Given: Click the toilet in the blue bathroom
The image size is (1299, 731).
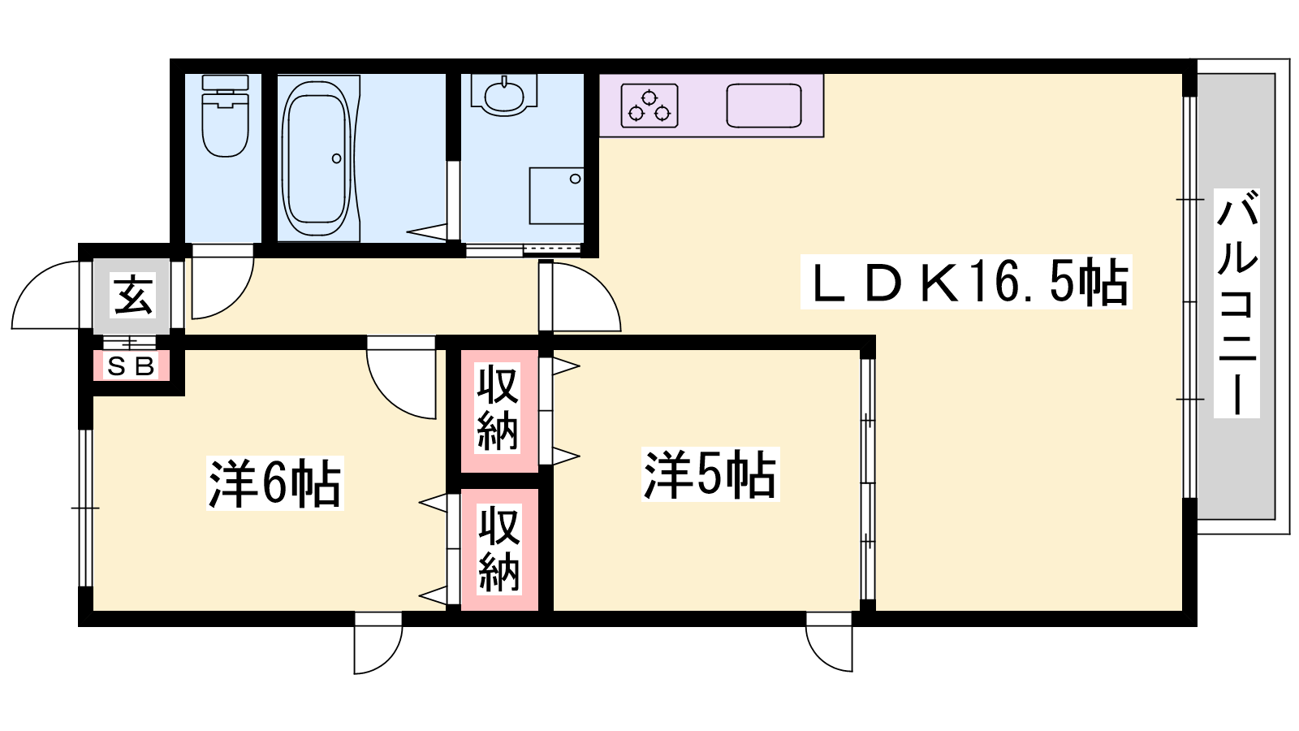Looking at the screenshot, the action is coord(225,116).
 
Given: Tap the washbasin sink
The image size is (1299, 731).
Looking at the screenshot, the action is coord(503,96).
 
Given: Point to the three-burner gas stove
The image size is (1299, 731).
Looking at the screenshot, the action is coord(649,106).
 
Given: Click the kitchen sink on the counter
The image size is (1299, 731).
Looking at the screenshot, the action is coord(764,106).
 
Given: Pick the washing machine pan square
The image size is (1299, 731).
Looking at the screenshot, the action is coord(556,196).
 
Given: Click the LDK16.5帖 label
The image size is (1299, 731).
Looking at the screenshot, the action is coord(967,282).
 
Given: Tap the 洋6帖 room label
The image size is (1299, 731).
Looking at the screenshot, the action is coord(275,483).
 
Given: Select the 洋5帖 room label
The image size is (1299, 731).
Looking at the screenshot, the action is coord(710,474).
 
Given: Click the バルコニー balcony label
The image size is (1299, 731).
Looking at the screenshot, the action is coord(1237,303).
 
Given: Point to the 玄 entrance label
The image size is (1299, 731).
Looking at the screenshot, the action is coord(133,296).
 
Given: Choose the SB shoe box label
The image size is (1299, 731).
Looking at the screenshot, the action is coord(132,366).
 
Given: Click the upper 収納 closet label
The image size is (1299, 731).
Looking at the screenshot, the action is coord(498,408).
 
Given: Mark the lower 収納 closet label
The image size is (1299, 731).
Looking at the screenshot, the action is coord(499,549).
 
